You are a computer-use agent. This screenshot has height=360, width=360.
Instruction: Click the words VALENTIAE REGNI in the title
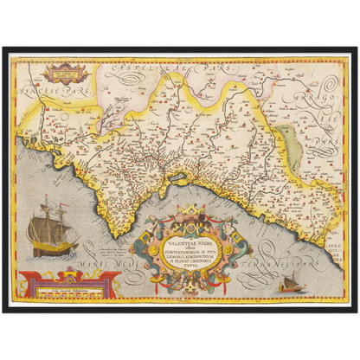(x=180, y=222)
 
